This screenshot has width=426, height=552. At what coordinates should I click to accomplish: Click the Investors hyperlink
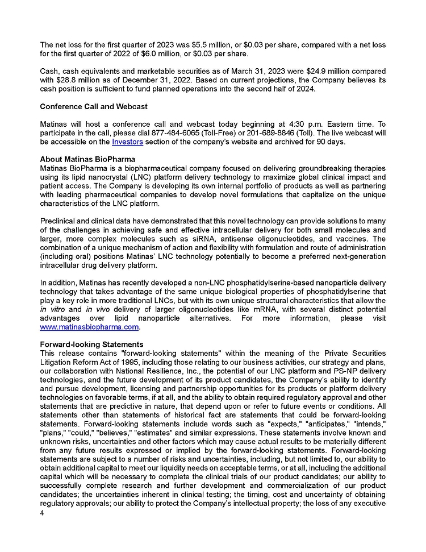point(127,142)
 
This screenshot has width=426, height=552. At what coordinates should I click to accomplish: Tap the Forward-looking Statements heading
point(91,345)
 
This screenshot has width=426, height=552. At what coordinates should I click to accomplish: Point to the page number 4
point(42,512)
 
